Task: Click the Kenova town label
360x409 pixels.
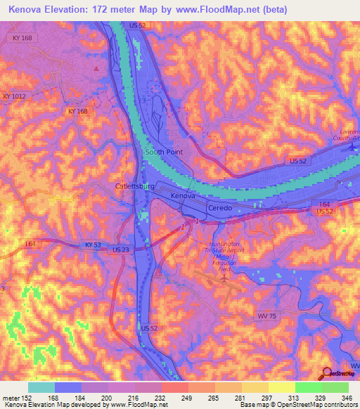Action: pos(183,197)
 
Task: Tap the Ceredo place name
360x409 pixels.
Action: pos(223,209)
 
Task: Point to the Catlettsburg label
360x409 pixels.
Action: pos(134,186)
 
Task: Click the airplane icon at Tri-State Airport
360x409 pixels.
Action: pos(224,279)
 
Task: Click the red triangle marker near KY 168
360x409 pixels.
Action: pos(97,68)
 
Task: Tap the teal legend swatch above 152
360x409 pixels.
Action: pos(41,387)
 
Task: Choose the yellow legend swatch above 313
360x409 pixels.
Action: pos(281,387)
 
